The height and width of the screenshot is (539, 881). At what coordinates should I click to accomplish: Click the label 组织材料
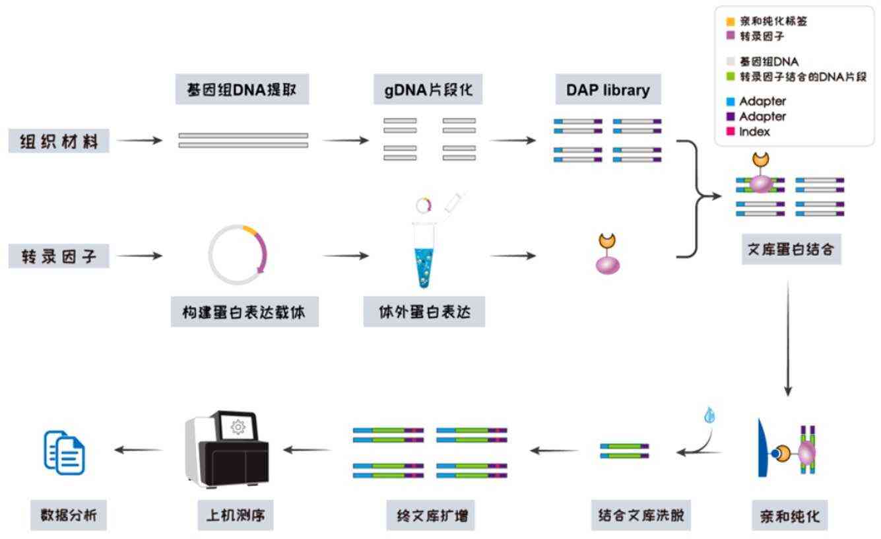[59, 141]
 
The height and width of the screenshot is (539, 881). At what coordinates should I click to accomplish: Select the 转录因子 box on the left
[59, 256]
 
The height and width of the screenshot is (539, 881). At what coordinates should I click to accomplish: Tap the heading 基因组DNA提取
[242, 90]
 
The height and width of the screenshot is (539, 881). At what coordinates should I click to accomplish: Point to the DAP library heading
[607, 90]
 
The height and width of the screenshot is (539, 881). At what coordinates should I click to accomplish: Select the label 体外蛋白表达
[424, 312]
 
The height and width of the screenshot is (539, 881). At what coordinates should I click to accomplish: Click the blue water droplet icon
[710, 415]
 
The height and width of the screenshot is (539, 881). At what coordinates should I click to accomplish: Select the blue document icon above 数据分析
[65, 452]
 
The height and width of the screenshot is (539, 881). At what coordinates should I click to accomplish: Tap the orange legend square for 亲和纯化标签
[731, 22]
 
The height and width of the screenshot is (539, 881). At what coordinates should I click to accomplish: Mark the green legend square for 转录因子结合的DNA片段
[731, 77]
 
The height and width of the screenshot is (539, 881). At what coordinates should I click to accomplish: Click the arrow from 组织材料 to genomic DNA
[139, 141]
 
